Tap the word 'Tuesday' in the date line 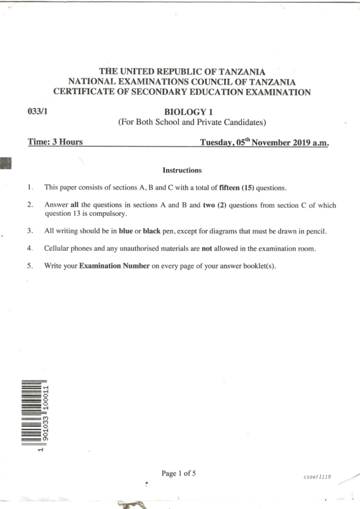220,144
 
